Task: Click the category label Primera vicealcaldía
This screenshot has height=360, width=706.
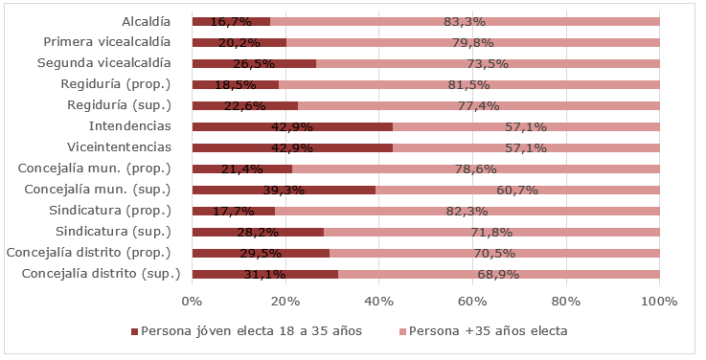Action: click(107, 42)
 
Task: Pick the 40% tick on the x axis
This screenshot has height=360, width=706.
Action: click(378, 301)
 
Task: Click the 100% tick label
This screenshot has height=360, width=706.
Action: click(659, 301)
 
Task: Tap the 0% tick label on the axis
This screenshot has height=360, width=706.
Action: click(192, 301)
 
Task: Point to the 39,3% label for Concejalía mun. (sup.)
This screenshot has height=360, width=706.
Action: click(285, 190)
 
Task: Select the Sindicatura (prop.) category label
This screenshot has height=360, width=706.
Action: click(114, 211)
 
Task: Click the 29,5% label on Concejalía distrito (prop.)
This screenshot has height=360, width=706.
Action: click(261, 253)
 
